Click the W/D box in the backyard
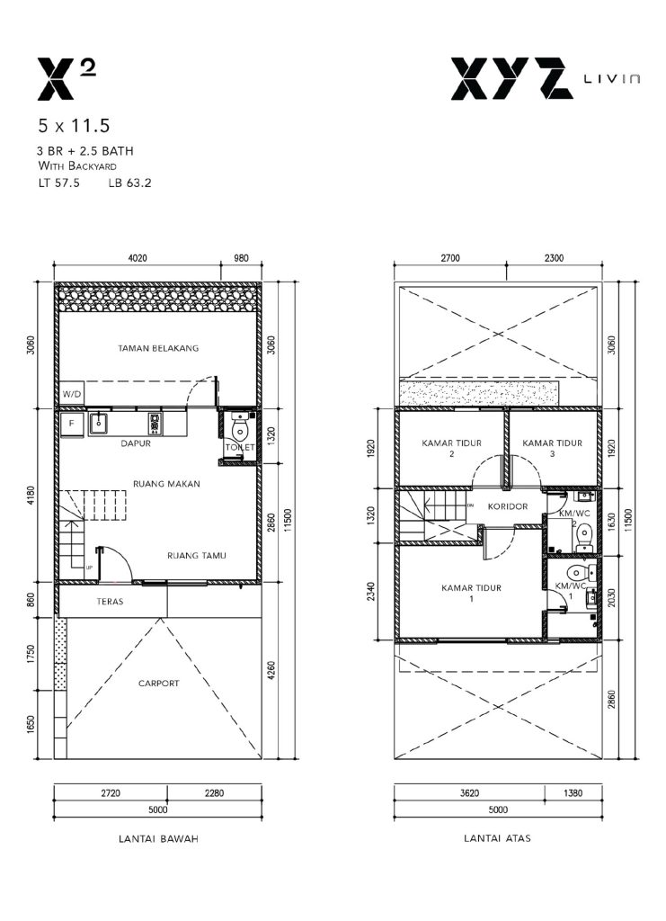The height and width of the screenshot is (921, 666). pos(72,394)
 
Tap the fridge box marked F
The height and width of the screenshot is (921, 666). pos(72,424)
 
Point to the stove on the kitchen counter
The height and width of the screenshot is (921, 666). pos(155,423)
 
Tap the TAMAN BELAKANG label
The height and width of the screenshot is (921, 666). pos(158,348)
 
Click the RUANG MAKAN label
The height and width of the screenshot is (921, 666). pos(166,484)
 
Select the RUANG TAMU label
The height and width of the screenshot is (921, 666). pos(197,555)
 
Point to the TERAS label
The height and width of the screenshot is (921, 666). pos(110,602)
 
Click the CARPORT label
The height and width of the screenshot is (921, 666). pos(158,684)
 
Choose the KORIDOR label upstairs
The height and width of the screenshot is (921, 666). pos(508,505)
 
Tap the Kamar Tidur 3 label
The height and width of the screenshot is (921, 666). pos(552,448)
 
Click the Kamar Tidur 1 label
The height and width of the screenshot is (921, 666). pos(471,593)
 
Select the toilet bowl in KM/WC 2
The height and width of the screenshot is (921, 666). pos(584,535)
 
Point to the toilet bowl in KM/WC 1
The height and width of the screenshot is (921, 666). pos(577,572)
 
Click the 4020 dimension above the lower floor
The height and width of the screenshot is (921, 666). pos(138,258)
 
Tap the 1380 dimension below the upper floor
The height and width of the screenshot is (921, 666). pos(573,793)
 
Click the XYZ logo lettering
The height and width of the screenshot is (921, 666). pos(511,78)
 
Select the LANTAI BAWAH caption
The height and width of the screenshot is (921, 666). pos(158,839)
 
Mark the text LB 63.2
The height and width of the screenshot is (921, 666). pos(129,183)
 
